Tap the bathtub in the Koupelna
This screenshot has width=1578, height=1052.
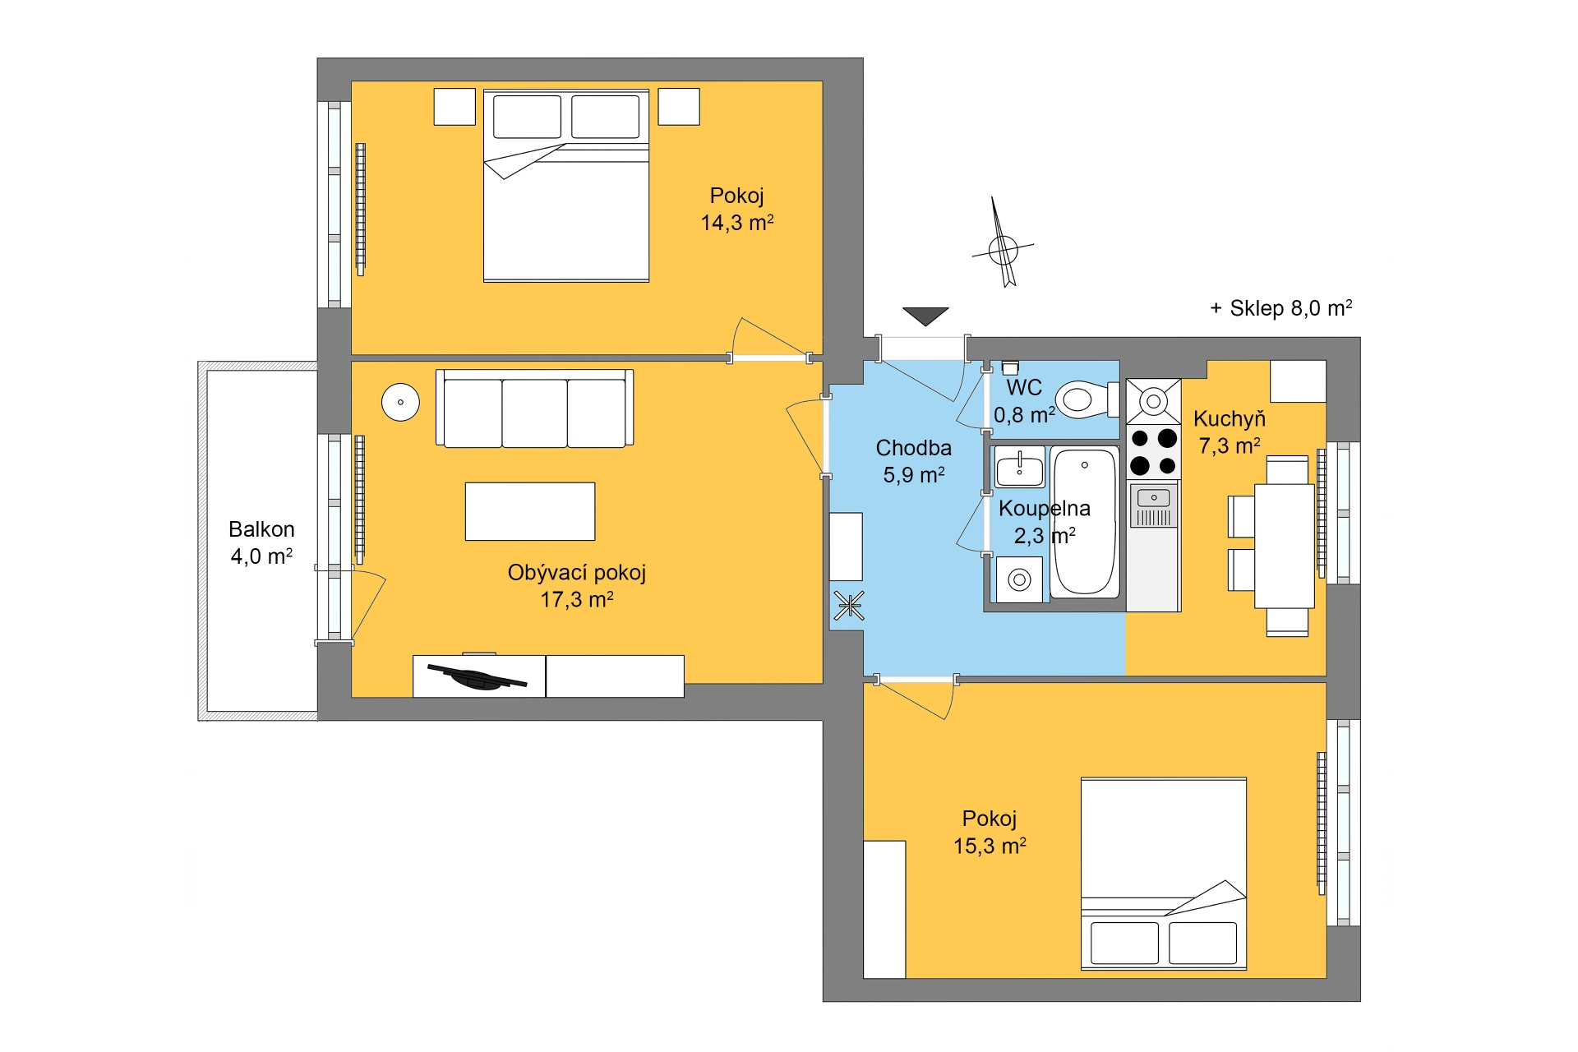pos(1085,521)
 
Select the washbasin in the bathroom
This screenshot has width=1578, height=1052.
pos(1020,468)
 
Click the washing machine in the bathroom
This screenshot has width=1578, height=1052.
pos(1019,579)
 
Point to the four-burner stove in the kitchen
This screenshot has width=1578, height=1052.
pos(1153,451)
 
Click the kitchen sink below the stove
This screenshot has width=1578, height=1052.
pos(1154,505)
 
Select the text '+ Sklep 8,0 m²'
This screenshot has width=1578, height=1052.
pos(1280,308)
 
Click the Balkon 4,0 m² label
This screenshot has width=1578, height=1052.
pos(261,542)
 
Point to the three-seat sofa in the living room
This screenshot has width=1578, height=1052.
pos(534,408)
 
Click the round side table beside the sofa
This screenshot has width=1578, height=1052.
pos(400,402)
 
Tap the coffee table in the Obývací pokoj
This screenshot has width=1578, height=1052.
pos(530,511)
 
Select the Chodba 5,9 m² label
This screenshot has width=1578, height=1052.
pos(914,461)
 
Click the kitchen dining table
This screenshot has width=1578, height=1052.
pos(1285,546)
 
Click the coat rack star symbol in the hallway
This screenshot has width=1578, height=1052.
pos(849,607)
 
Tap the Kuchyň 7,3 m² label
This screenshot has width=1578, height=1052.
pos(1230,432)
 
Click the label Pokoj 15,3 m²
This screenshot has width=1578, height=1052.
pos(990,832)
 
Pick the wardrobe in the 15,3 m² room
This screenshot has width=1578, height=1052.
pos(884,909)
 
